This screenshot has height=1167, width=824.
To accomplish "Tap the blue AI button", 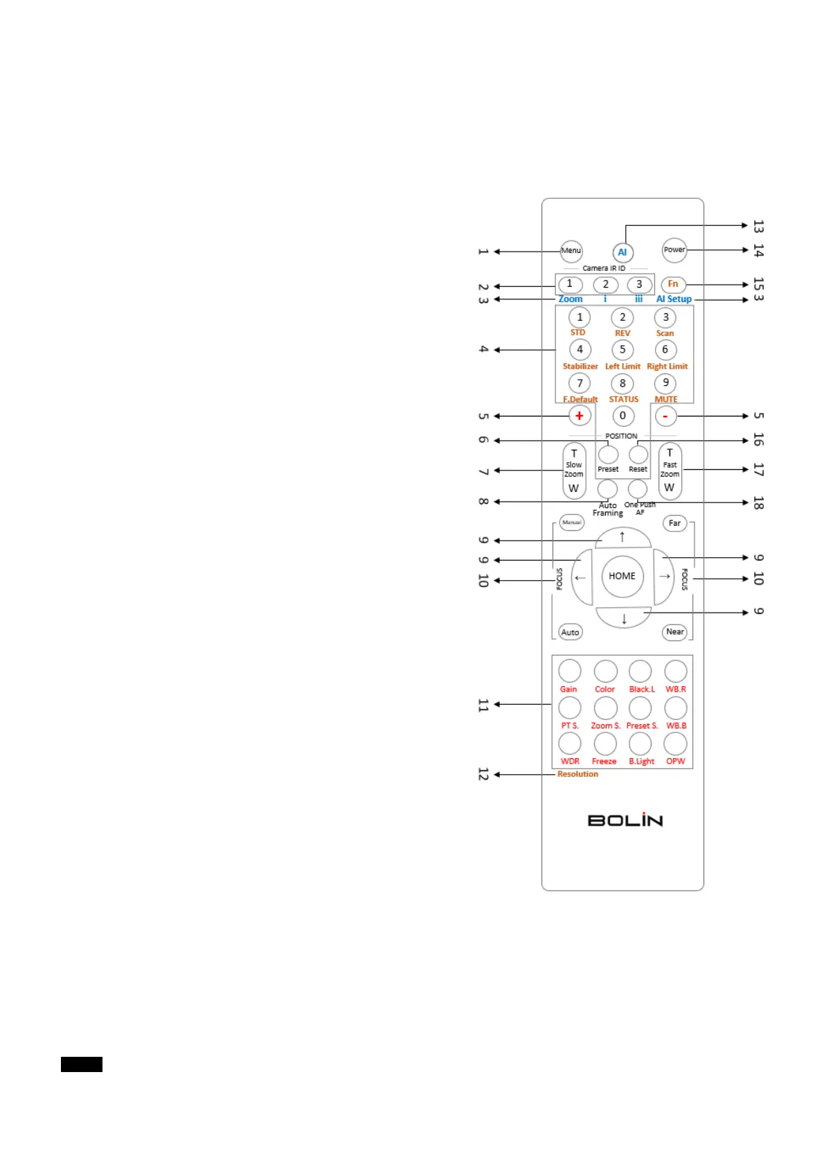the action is (622, 253).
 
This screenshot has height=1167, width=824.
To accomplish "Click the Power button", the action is (674, 250).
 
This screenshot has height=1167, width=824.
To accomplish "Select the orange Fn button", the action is (673, 284).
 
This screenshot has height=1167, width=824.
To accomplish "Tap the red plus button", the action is (580, 416).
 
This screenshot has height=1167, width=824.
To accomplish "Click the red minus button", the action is (665, 416).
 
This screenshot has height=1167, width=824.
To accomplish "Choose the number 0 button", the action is (623, 416).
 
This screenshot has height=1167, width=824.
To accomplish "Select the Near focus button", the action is (674, 633).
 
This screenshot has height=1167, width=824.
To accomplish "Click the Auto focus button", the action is (570, 633).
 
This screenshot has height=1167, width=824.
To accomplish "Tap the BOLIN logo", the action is (625, 820).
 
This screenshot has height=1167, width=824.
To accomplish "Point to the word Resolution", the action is (577, 774).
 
